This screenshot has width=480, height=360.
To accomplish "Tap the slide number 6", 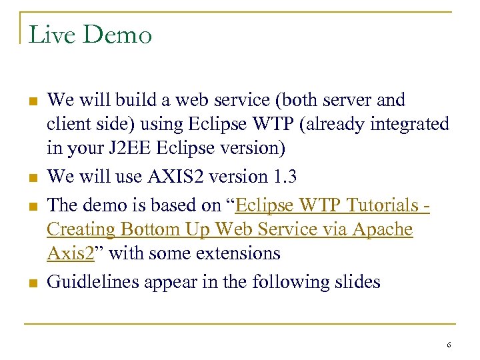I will [449, 345].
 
